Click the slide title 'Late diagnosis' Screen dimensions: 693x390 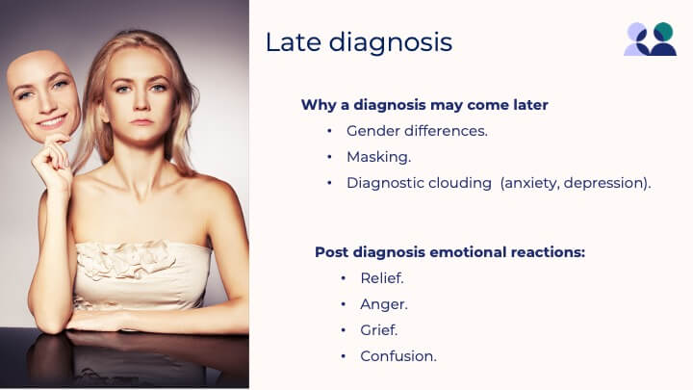(358, 42)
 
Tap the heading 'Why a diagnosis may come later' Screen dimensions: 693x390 (424, 105)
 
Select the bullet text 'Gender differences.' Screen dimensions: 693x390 (417, 131)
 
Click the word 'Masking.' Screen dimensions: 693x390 (379, 157)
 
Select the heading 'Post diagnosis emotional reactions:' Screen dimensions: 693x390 (449, 252)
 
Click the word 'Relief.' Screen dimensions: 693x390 (382, 278)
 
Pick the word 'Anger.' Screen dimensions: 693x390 (384, 304)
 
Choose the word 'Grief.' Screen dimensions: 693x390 (379, 330)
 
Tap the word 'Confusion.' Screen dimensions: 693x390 (398, 356)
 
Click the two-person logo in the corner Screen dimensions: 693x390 (650, 39)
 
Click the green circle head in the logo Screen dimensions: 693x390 (663, 32)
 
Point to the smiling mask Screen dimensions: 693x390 (44, 96)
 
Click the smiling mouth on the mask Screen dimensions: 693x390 (52, 120)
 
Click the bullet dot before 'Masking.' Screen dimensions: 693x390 (329, 157)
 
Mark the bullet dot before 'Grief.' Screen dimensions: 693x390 (344, 330)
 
